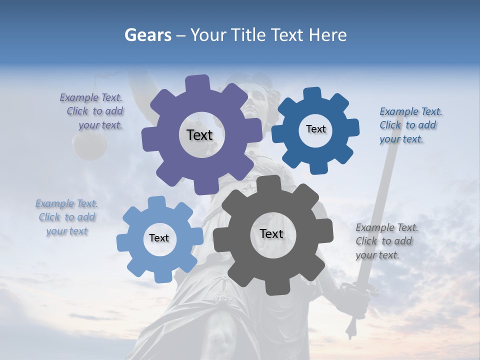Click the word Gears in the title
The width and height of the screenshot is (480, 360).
pyautogui.click(x=147, y=35)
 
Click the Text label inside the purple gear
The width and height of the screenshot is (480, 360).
pyautogui.click(x=199, y=135)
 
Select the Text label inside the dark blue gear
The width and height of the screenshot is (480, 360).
pyautogui.click(x=315, y=129)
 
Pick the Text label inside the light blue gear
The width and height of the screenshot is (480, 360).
pyautogui.click(x=159, y=238)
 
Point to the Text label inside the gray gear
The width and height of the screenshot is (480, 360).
pyautogui.click(x=271, y=233)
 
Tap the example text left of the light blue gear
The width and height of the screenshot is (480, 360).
pyautogui.click(x=66, y=217)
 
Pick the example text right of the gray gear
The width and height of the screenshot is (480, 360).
pyautogui.click(x=386, y=241)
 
